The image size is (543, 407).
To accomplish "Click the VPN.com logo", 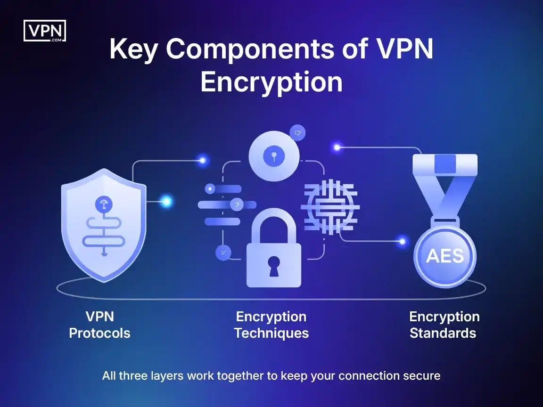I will pyautogui.click(x=44, y=31).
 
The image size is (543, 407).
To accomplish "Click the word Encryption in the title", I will pyautogui.click(x=271, y=82).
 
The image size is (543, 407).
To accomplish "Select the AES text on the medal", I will pyautogui.click(x=444, y=256).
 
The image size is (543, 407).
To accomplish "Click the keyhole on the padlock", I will pyautogui.click(x=273, y=266).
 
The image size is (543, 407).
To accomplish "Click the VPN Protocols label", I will pyautogui.click(x=99, y=325).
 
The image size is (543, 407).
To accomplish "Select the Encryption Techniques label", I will pyautogui.click(x=271, y=325).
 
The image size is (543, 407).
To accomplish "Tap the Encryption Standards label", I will pyautogui.click(x=444, y=325).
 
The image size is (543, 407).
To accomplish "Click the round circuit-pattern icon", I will pyautogui.click(x=329, y=205).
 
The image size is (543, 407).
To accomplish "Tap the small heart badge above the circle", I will pyautogui.click(x=297, y=133).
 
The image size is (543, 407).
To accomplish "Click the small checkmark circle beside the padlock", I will pyautogui.click(x=223, y=253).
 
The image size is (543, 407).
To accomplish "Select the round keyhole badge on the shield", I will pyautogui.click(x=103, y=204).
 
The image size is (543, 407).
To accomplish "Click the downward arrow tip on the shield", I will pyautogui.click(x=103, y=255).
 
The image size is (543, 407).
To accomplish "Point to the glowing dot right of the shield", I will pyautogui.click(x=166, y=202).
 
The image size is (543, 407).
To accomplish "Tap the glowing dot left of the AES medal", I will pyautogui.click(x=402, y=242).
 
